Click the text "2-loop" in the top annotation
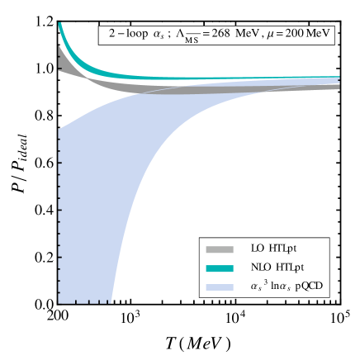125,35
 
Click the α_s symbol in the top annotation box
159,36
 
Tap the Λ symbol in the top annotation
180,35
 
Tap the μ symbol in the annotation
270,36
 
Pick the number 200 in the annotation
296,35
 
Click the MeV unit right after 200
320,35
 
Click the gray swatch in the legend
220,249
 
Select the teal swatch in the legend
220,268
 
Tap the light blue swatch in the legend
220,287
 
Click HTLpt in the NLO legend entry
289,268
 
